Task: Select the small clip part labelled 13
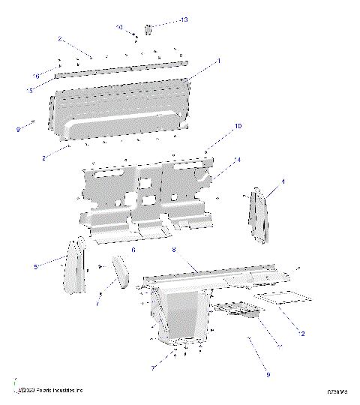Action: point(148,29)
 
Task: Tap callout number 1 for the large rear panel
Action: point(218,59)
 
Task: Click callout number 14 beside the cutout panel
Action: point(238,160)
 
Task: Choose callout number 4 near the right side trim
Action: point(283,181)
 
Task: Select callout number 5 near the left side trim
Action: point(35,266)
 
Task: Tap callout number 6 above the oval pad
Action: point(133,250)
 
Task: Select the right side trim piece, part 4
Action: point(256,215)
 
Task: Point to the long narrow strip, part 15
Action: point(120,70)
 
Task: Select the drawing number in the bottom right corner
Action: point(337,391)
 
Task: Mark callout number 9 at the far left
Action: point(18,130)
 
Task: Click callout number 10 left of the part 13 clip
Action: point(119,27)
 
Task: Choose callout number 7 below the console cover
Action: point(153,367)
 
